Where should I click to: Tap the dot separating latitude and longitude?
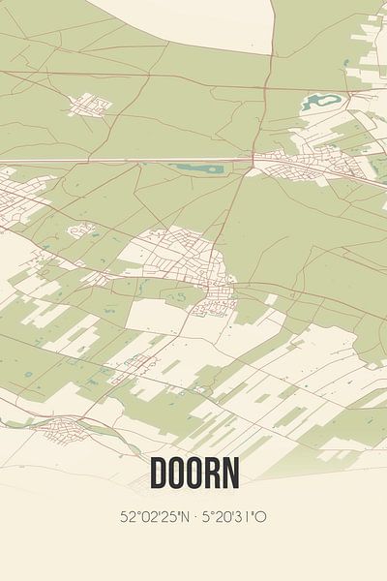pos(196,516)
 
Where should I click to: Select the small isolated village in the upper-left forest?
pos(89,103)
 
